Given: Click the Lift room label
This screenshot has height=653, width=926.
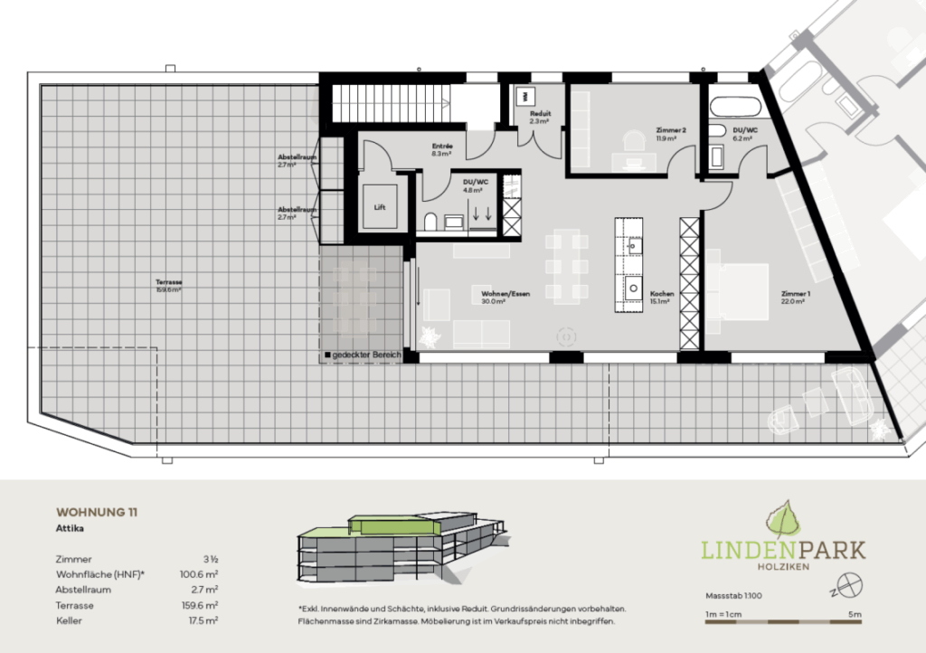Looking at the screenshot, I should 380,207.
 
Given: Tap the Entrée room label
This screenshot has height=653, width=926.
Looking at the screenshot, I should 442,147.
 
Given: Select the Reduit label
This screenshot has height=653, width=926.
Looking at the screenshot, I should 540,114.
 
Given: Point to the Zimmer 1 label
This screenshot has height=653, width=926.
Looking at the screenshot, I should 796,294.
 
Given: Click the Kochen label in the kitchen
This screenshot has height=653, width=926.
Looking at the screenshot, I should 660,295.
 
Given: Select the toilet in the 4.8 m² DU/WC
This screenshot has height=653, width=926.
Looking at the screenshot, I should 430,221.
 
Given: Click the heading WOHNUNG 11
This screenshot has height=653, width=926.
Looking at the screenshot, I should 97,512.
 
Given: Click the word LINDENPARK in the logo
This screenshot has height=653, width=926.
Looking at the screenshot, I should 784,549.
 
